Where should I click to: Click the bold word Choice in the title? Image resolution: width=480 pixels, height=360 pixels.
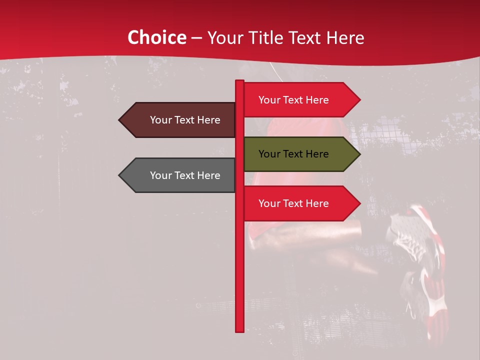click(156, 37)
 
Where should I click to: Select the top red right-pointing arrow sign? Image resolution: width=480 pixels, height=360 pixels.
click(300, 100)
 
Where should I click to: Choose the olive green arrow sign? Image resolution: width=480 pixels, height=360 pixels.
click(300, 154)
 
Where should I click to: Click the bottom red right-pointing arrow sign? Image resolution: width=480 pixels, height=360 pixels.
click(300, 203)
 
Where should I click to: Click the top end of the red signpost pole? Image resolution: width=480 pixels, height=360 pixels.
click(239, 81)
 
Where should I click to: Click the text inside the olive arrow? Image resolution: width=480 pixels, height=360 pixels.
click(293, 154)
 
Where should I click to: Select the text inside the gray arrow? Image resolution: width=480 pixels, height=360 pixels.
click(185, 175)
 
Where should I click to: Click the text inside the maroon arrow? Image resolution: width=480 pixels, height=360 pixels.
click(185, 120)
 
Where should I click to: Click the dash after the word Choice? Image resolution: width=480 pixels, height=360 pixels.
click(196, 38)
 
